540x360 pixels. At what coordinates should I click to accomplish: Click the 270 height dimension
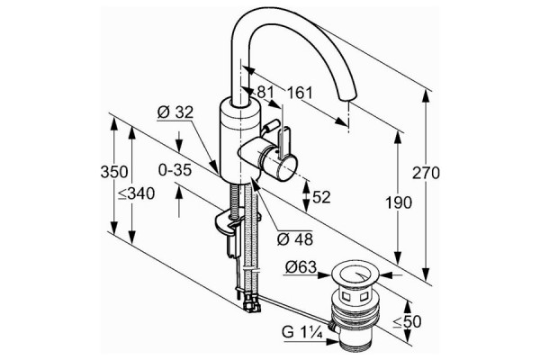[x=426, y=173]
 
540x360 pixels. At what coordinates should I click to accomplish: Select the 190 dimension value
[x=398, y=202]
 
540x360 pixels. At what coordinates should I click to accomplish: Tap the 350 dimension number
[x=114, y=172]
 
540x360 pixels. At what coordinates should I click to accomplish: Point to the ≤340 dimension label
[x=137, y=194]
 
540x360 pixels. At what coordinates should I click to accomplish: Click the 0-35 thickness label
[x=175, y=170]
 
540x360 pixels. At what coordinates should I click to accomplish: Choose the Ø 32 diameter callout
[x=175, y=112]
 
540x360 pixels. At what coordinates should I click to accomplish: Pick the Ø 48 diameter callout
[x=295, y=239]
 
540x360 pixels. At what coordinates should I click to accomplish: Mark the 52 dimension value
[x=321, y=197]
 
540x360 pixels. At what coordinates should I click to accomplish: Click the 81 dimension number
[x=265, y=92]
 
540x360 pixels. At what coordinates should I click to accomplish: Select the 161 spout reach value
[x=300, y=93]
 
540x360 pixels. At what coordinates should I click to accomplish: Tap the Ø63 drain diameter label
[x=301, y=267]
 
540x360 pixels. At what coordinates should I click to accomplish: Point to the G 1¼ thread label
[x=302, y=332]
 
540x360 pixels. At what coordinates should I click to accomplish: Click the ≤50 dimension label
[x=408, y=322]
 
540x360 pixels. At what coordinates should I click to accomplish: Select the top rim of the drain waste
[x=355, y=274]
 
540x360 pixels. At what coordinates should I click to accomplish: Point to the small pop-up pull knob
[x=271, y=126]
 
